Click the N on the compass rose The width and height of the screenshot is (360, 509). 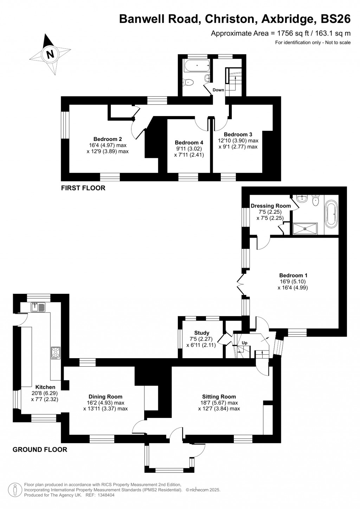50,54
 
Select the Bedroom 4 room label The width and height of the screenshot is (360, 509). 189,142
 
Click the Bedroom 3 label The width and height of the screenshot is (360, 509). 238,134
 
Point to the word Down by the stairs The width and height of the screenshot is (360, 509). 218,90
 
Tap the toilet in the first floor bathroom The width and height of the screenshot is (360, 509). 188,82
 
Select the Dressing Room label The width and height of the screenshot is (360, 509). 271,206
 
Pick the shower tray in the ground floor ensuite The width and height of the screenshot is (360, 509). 305,228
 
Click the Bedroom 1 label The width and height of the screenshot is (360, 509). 293,275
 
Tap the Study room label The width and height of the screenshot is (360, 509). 201,333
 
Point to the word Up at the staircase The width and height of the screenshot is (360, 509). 244,343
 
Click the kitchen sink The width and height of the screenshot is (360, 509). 38,307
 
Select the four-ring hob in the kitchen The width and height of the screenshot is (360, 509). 56,352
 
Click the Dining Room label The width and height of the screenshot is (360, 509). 105,397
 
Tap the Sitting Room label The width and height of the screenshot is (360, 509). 219,397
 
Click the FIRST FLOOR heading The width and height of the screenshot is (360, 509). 83,188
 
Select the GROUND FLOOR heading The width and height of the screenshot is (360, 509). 40,449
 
